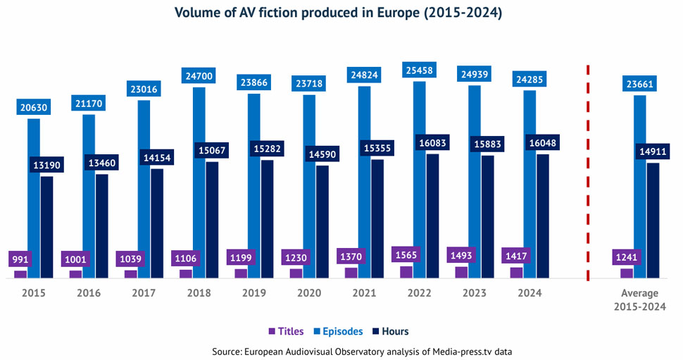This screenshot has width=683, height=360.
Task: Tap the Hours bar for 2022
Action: pos(432,216)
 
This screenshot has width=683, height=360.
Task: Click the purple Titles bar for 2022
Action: pos(406,272)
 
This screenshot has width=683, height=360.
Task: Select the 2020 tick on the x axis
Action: pos(309,293)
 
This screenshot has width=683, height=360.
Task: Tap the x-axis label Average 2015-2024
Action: pos(639,299)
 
